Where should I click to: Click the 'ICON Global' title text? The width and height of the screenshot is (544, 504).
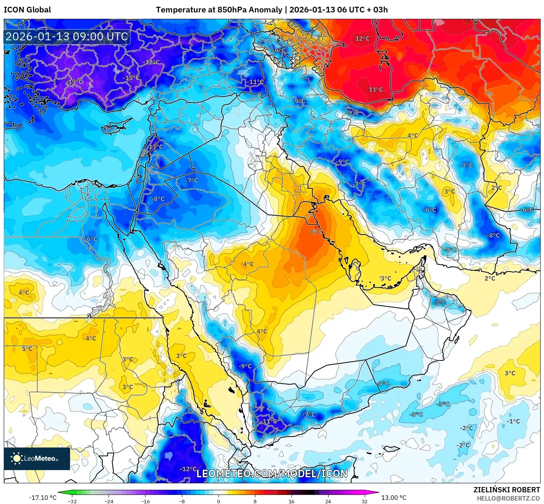tap(27, 10)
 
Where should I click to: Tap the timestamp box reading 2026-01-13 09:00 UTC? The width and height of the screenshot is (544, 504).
tap(67, 37)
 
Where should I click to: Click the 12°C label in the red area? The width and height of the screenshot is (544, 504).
tap(362, 38)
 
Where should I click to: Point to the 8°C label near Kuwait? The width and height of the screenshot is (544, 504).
tap(316, 232)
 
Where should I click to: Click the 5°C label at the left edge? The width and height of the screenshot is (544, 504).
tap(27, 349)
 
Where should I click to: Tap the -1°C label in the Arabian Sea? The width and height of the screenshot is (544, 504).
tap(513, 421)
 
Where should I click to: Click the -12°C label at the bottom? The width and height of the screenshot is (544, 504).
tap(188, 469)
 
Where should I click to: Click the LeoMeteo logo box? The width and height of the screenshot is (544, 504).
tap(37, 458)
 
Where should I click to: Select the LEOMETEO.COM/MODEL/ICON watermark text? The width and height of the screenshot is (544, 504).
tap(272, 473)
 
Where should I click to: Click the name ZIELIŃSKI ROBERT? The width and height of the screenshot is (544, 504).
tap(507, 490)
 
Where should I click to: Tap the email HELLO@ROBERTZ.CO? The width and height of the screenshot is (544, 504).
tap(508, 498)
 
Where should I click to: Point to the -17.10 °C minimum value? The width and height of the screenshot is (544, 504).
tap(43, 498)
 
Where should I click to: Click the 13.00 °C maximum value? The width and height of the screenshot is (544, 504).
tap(394, 498)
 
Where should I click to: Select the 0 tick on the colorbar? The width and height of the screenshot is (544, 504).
tap(219, 501)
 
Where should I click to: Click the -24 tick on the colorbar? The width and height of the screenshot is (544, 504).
tap(109, 501)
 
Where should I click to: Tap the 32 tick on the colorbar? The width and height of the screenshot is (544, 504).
tap(364, 501)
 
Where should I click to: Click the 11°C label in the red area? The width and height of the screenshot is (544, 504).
tap(376, 90)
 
